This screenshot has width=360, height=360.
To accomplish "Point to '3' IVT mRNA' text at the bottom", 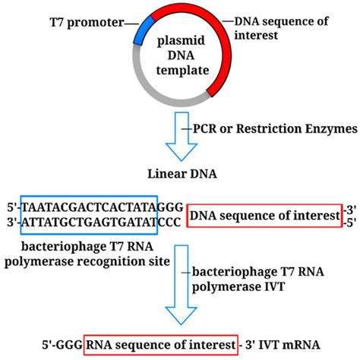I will (x=285, y=343).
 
